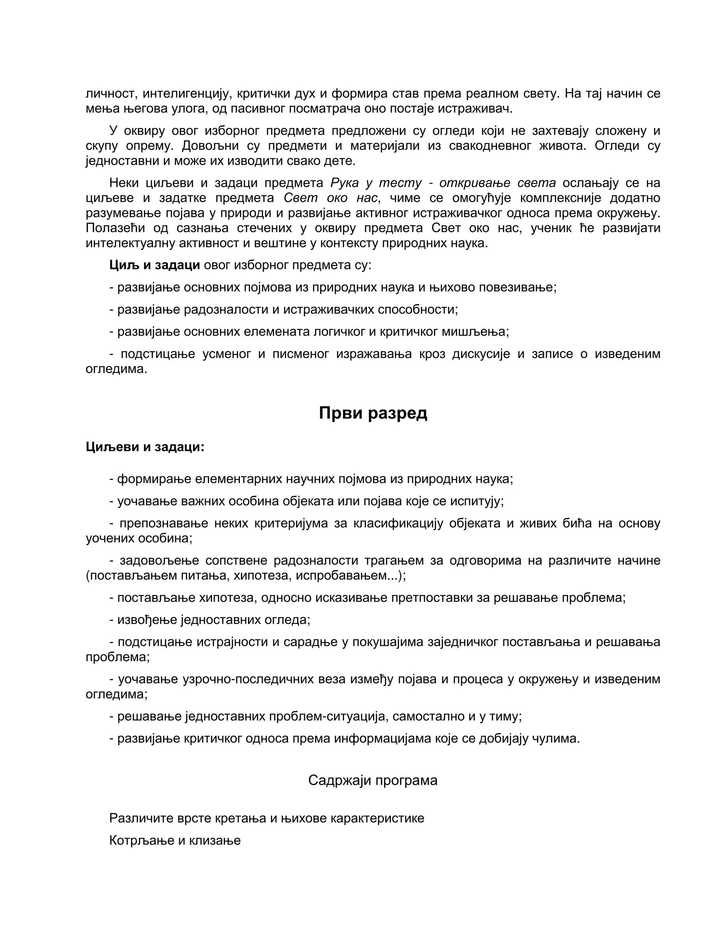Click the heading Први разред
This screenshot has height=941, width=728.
(x=373, y=413)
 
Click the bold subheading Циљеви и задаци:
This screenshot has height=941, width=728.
(x=145, y=447)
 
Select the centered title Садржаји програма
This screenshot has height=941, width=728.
(x=373, y=780)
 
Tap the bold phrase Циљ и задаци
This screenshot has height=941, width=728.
(x=154, y=265)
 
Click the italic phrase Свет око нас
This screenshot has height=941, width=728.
(x=330, y=198)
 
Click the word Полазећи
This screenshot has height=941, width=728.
(x=115, y=228)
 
